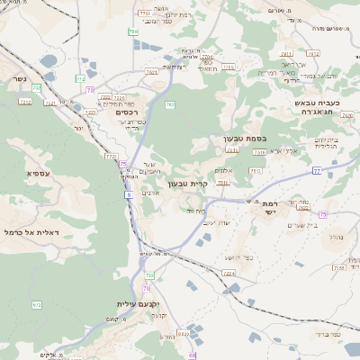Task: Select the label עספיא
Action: pos(38,173)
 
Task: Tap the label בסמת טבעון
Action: pos(243,139)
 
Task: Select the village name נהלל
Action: pos(334,236)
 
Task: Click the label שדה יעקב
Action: pos(217,221)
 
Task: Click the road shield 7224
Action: pos(229,272)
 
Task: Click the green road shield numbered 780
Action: pos(133,31)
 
